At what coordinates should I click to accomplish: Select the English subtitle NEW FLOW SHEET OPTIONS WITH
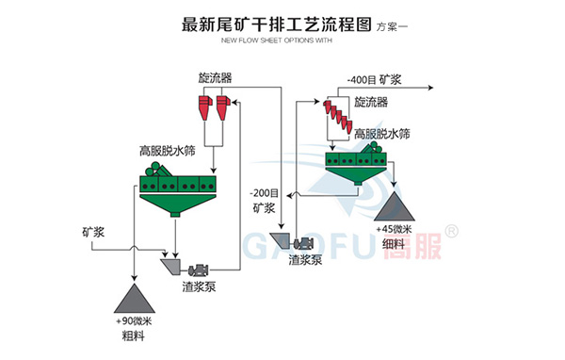coord(277,41)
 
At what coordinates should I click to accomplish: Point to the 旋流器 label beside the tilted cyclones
coord(370,102)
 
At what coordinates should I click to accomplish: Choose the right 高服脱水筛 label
coord(381,134)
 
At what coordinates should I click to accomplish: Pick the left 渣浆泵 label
coord(200,287)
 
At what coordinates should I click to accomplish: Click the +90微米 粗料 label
coord(137,329)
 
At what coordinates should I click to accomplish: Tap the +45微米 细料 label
coord(395,236)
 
